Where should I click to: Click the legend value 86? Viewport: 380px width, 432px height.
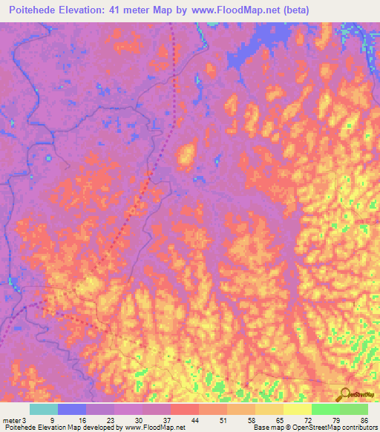click(x=364, y=420)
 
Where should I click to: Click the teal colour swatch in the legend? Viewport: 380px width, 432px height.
click(x=44, y=409)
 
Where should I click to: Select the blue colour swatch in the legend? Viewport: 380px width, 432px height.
click(x=72, y=409)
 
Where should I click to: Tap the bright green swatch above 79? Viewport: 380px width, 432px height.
click(x=325, y=409)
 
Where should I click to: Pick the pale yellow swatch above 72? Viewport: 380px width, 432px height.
click(x=297, y=409)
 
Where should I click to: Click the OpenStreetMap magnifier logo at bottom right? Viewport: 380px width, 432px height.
click(x=345, y=395)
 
